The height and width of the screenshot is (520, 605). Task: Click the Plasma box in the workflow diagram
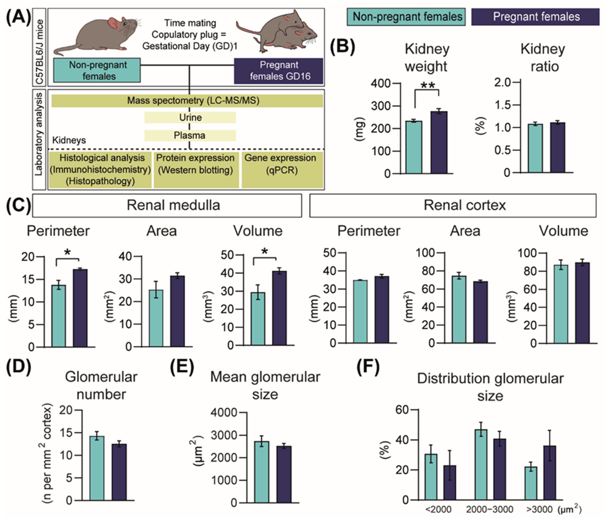tap(190, 135)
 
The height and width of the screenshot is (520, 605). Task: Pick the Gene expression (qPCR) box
tap(282, 170)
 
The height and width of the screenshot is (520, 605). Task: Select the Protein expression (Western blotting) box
tap(196, 170)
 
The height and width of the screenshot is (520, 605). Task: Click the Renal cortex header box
tap(453, 205)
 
